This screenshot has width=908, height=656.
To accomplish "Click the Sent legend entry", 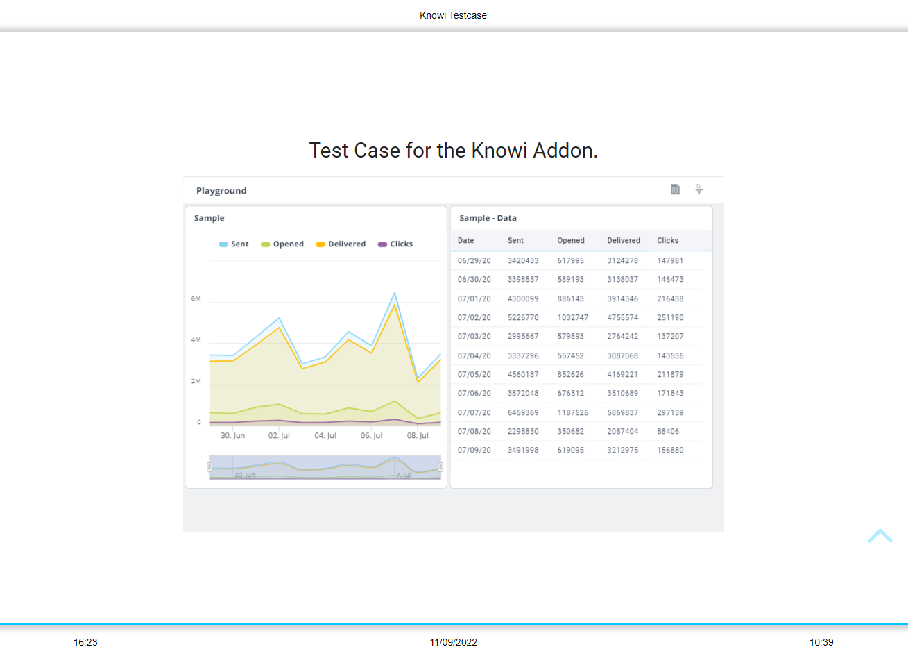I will tap(234, 244).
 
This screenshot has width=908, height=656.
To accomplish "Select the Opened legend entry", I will tap(283, 244).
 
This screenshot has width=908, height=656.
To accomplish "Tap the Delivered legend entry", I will tap(341, 244).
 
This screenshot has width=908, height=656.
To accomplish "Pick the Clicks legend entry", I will tap(395, 244).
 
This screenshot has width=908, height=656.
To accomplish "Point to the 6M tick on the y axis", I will tap(196, 299).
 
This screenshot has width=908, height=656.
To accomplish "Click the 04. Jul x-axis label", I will tap(325, 436).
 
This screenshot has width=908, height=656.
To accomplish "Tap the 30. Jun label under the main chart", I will tap(233, 436).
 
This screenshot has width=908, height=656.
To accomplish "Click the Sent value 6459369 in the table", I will tap(523, 412).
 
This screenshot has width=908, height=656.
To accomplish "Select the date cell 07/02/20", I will tap(474, 318).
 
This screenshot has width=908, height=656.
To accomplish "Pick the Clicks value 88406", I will tap(668, 432).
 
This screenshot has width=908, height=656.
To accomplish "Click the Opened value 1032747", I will tap(573, 318).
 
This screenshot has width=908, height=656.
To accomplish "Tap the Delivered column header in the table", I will tap(624, 241).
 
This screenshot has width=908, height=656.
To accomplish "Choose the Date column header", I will tap(466, 241).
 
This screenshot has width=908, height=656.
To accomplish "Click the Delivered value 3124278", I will tap(623, 261).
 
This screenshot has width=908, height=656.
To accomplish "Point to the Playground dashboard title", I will tap(221, 191).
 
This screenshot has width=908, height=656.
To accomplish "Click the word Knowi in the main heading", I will tap(499, 151).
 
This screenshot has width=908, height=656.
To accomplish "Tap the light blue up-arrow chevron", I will tap(880, 536).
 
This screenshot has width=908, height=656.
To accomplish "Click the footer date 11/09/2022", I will tap(454, 642).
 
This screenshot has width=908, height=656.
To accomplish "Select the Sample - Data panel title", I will tap(488, 218).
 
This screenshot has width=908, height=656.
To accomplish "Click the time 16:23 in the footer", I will tap(86, 642).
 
